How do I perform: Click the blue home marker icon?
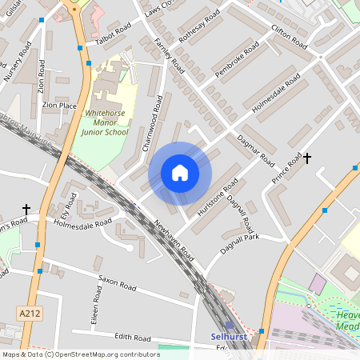(180, 173)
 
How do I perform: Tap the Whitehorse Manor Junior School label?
(111, 125)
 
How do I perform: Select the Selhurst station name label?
(226, 337)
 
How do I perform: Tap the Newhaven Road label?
(176, 238)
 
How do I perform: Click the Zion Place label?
(60, 105)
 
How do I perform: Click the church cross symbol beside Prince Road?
(306, 158)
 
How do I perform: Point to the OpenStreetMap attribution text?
(81, 354)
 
